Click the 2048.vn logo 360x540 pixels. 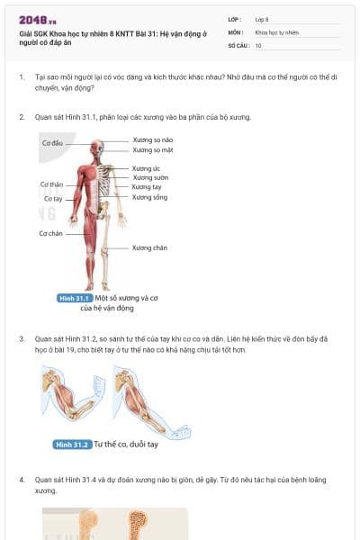click(31, 19)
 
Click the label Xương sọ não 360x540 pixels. click(151, 140)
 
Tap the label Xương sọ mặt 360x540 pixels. click(151, 150)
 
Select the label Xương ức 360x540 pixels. click(146, 168)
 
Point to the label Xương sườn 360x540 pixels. click(149, 178)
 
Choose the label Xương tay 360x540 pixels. click(146, 187)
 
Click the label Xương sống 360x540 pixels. click(149, 197)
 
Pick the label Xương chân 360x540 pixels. click(149, 247)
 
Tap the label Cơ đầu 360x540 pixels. click(52, 143)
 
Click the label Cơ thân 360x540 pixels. click(51, 184)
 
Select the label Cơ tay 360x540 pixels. click(53, 198)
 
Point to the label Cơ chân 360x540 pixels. click(50, 233)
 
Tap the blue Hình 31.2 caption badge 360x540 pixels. click(71, 445)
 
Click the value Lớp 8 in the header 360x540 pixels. click(262, 19)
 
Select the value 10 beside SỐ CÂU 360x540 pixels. click(258, 45)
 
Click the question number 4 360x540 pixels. click(22, 481)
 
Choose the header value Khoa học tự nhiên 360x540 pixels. click(276, 32)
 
